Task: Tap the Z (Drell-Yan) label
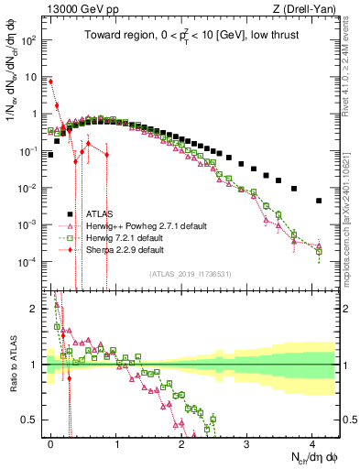point(309,9)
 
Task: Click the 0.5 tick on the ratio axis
point(30,420)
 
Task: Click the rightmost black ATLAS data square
point(319,201)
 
